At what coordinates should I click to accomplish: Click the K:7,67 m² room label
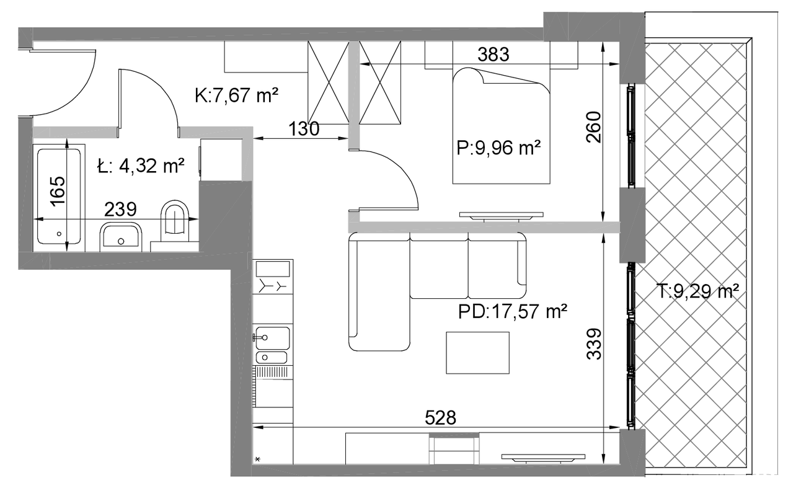point(236,95)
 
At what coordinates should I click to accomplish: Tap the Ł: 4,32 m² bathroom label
point(141,166)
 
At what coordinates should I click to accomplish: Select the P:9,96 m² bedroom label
point(498,148)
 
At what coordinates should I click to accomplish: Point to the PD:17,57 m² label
point(513,312)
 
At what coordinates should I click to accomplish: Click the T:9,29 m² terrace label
point(697,291)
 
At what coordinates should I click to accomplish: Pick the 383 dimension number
point(493,55)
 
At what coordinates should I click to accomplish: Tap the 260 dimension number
point(594,127)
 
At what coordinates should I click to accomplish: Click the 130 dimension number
point(304,128)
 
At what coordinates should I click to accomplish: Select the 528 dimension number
point(440,418)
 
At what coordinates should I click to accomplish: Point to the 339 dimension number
point(594,344)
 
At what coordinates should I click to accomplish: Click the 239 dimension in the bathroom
point(120,210)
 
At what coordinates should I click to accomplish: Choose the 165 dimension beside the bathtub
point(58,191)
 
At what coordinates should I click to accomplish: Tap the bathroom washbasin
point(121,236)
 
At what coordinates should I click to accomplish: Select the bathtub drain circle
point(59,234)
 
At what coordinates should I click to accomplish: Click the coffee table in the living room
point(477,353)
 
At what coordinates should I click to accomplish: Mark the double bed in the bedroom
point(501,125)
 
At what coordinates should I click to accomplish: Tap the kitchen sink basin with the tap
point(272,338)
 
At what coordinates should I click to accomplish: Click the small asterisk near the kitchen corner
point(258,459)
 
